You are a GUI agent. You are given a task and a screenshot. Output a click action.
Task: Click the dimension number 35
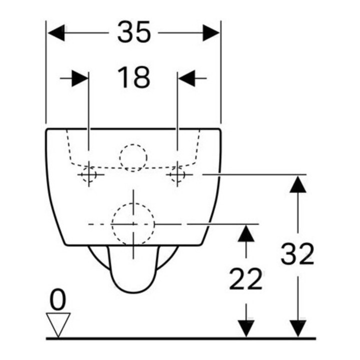(x=134, y=32)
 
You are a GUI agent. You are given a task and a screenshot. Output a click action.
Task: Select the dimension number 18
(x=133, y=77)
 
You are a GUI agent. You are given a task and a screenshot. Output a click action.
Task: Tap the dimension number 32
(x=297, y=253)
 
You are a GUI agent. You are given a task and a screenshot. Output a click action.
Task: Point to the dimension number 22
(x=245, y=279)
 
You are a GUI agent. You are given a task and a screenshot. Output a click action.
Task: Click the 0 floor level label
(x=58, y=299)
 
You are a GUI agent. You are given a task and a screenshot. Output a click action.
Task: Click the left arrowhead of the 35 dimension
(x=56, y=33)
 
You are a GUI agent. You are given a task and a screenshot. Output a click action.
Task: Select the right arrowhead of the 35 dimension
(x=211, y=33)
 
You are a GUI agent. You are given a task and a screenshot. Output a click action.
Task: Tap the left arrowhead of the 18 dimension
(x=80, y=78)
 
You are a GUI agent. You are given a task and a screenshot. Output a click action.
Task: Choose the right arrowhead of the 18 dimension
(x=186, y=78)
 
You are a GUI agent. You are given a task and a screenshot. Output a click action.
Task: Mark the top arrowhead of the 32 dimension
(x=298, y=184)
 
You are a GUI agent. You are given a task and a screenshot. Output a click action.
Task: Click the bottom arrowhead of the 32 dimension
(x=298, y=329)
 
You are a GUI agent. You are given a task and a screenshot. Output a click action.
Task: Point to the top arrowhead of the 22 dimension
(x=246, y=233)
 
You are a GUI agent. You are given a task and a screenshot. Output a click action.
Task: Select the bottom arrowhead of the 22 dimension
(x=246, y=329)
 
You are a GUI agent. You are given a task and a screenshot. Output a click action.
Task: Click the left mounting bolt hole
(x=89, y=174)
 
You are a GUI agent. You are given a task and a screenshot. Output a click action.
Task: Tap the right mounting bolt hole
(x=177, y=174)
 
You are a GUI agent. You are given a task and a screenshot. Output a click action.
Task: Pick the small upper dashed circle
(x=133, y=144)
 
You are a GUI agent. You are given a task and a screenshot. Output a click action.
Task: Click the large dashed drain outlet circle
(x=133, y=203)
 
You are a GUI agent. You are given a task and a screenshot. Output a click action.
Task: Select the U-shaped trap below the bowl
(x=133, y=292)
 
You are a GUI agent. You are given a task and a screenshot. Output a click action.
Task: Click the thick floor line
(x=181, y=338)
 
